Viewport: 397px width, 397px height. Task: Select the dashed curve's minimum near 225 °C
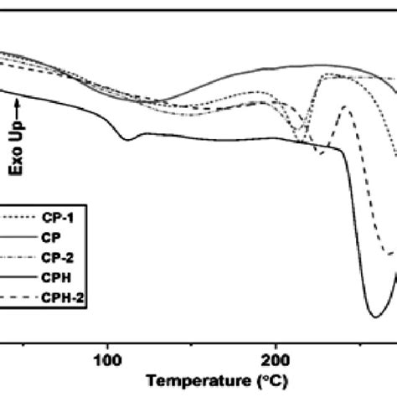coord(319,154)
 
